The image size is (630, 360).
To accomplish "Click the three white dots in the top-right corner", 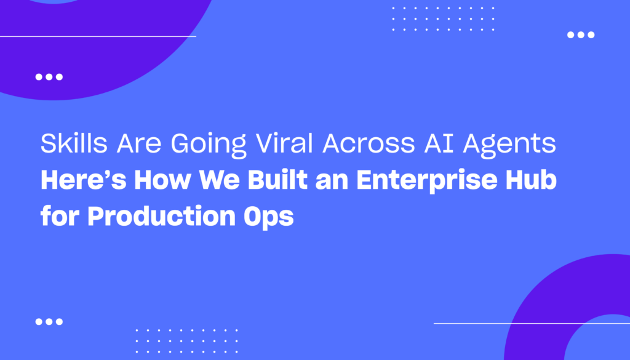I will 581,35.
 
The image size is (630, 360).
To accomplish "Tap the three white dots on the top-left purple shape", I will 49,77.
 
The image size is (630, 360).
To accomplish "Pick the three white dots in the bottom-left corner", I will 49,321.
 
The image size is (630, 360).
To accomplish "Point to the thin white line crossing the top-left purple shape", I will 98,36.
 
